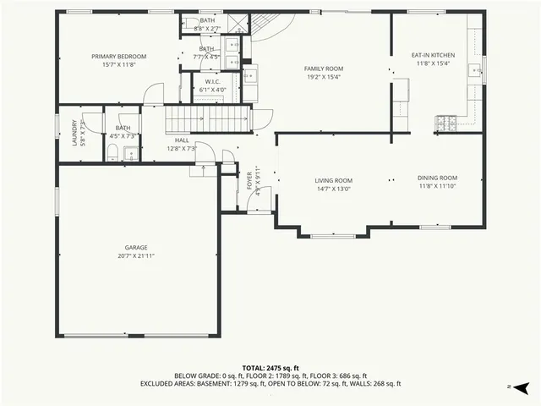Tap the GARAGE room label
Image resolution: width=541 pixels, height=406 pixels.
(x=136, y=247)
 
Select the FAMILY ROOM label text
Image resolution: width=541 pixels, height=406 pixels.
(x=323, y=69)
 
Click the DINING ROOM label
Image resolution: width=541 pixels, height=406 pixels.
(x=437, y=178)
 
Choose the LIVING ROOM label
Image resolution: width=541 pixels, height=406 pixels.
(x=334, y=180)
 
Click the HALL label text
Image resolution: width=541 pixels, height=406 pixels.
(x=182, y=140)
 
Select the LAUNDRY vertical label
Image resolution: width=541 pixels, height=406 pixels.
(x=74, y=133)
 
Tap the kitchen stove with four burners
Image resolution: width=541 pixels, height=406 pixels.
(x=445, y=123)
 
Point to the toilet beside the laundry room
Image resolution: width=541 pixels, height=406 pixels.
(x=112, y=152)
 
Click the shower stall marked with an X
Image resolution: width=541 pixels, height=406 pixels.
(x=239, y=23)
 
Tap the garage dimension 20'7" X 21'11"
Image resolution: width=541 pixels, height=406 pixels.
(x=136, y=255)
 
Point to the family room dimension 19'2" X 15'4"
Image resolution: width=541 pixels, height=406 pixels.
(x=323, y=76)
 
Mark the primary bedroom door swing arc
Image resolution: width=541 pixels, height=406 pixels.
(x=152, y=93)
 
